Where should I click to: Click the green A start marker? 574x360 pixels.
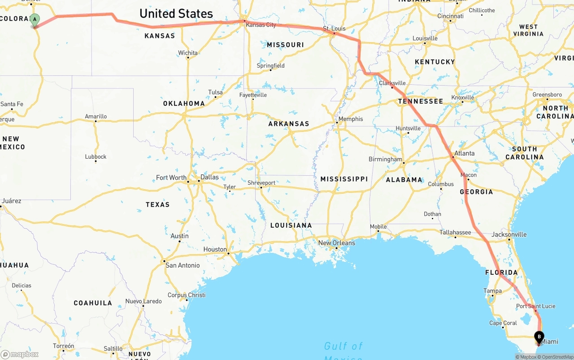click(35, 20)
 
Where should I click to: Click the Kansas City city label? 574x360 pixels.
click(261, 25)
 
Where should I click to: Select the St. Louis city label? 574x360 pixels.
click(335, 29)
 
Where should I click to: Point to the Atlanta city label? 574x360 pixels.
click(464, 153)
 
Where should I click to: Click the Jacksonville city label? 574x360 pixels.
click(509, 234)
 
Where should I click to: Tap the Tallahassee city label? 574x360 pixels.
click(455, 232)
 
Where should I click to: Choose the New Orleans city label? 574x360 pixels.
click(336, 243)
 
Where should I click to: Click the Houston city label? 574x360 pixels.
click(215, 249)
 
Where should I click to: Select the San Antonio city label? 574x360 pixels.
click(183, 265)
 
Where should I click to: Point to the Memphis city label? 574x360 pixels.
click(351, 119)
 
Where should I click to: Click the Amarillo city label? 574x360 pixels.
click(96, 117)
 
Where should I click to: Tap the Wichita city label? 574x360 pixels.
click(188, 53)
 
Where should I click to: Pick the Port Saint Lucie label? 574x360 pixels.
click(535, 306)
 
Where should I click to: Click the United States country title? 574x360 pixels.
click(176, 13)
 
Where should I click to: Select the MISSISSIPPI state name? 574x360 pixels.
click(344, 179)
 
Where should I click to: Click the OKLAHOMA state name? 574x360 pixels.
click(184, 104)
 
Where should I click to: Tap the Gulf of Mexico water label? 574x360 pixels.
click(343, 347)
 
